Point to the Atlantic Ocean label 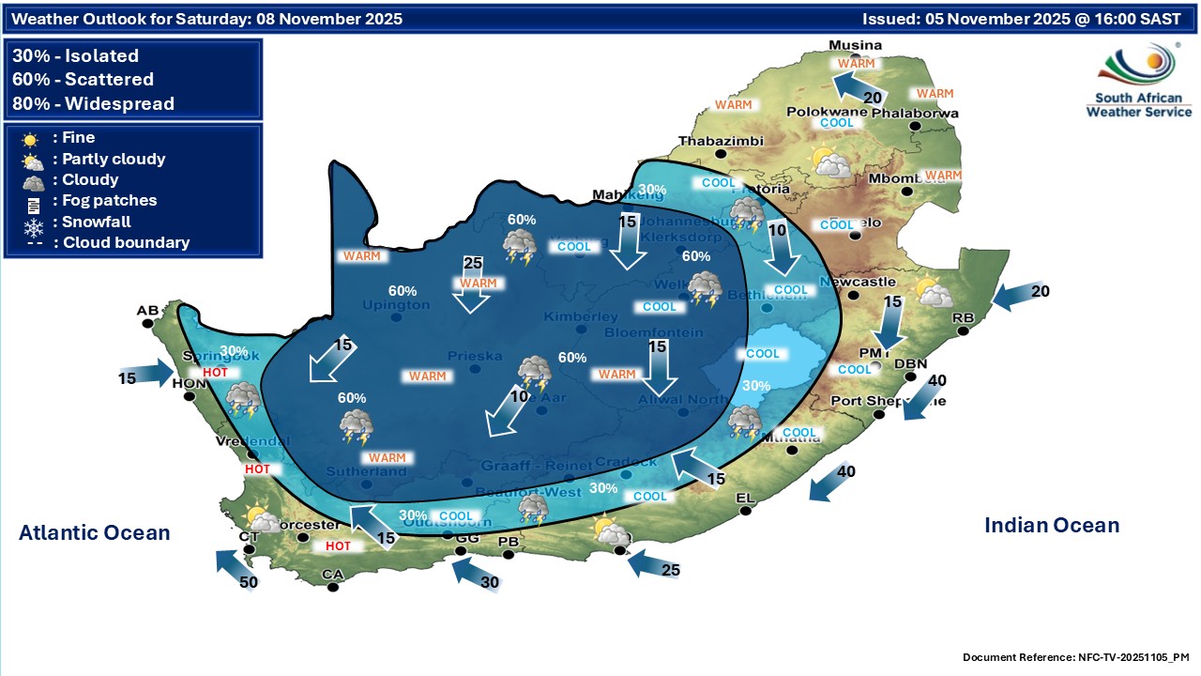coord(95,533)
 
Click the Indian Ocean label coord(1052,526)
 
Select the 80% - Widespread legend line coord(94,103)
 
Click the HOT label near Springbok coord(215,372)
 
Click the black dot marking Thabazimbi coord(721,153)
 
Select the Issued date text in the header coord(1022,19)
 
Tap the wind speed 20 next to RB coord(1040,291)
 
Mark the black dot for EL coord(745,511)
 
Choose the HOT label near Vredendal coord(257,469)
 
